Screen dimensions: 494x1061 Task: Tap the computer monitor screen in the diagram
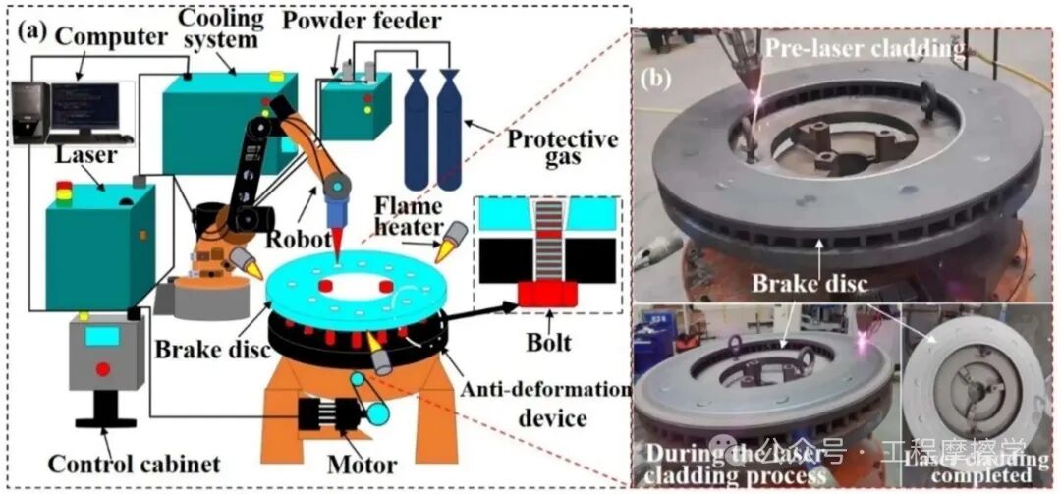(85, 102)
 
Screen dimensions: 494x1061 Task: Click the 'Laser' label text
(86, 156)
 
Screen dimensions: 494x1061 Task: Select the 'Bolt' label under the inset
(547, 344)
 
